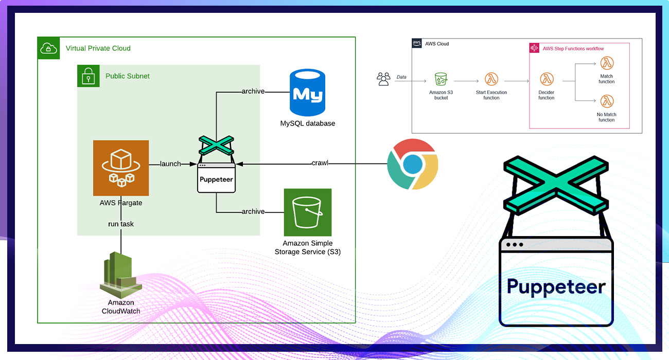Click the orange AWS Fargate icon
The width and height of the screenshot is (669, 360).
point(121,168)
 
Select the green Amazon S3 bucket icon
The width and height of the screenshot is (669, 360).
point(307,212)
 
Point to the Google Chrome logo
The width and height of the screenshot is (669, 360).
point(412,164)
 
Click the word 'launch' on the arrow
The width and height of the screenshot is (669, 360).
point(170,164)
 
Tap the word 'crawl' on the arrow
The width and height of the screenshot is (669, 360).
point(320,163)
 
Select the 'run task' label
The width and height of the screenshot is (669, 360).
point(121,224)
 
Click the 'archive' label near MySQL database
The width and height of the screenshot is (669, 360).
point(253,92)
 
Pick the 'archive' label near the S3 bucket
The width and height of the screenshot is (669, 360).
point(253,211)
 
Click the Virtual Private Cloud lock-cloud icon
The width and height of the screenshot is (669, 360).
point(48,48)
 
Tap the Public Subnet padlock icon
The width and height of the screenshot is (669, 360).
point(88,76)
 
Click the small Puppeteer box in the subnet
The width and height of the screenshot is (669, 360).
point(216,178)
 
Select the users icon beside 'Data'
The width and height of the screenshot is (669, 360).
point(383,79)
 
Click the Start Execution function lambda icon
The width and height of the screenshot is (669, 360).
point(491,79)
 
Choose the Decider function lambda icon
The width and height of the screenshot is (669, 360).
point(546,79)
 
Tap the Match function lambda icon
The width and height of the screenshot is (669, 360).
point(607,63)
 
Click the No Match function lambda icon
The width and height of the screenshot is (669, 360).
point(607,101)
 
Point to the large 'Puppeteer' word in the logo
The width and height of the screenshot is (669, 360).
point(556,286)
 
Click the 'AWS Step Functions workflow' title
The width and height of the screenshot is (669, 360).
point(573,49)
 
